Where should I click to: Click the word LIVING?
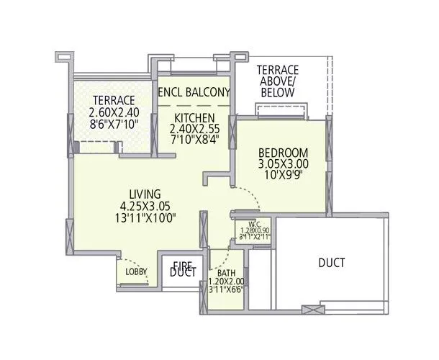tap(145, 193)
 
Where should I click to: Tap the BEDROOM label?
tap(284, 153)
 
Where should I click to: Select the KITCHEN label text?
tap(194, 117)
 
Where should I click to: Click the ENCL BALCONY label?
tap(194, 92)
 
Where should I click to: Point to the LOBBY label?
tap(136, 271)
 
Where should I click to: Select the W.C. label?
tap(255, 223)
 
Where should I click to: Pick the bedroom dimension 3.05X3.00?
tap(284, 164)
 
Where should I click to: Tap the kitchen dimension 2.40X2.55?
tap(194, 129)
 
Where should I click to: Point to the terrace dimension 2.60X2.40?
tap(113, 112)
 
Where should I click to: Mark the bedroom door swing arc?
tap(245, 196)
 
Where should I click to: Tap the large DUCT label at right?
tap(331, 263)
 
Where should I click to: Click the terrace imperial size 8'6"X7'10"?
tap(113, 124)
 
